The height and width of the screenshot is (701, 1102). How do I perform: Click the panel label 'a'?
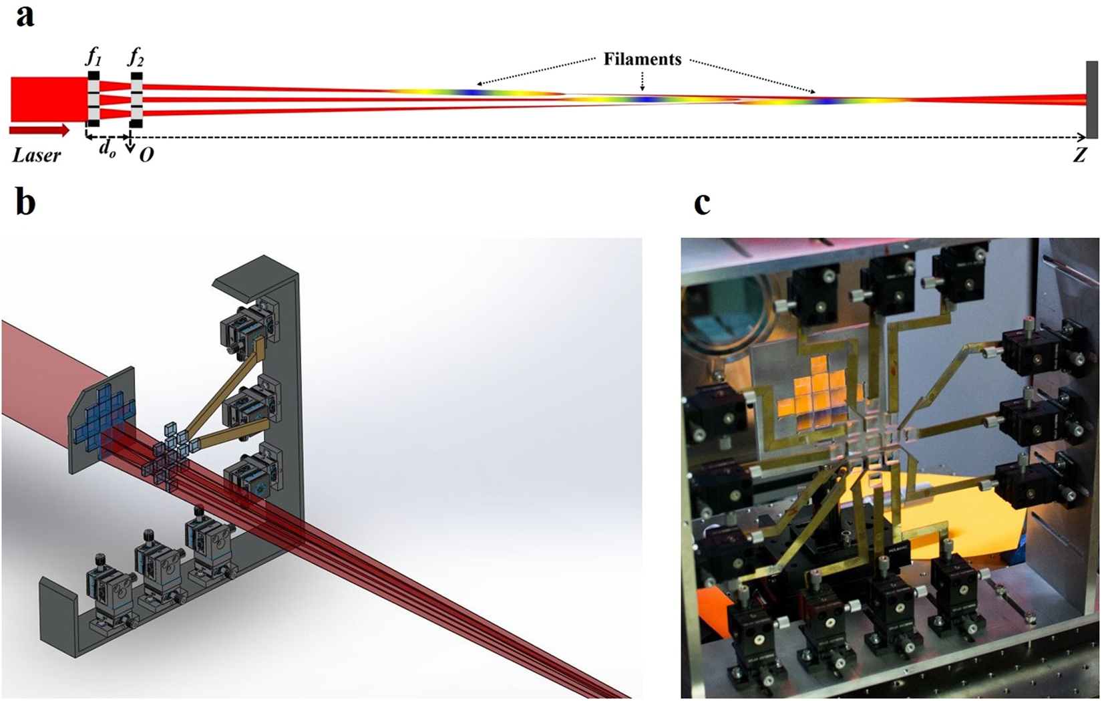coord(25,17)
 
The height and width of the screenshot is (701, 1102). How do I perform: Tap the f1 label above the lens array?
coord(94,57)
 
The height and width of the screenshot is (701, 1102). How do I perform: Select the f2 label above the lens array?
coord(136,58)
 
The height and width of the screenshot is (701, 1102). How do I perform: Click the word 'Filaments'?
coord(642,59)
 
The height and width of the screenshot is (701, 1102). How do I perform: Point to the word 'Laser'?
coord(37,156)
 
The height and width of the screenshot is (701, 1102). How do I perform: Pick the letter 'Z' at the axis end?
coord(1079,156)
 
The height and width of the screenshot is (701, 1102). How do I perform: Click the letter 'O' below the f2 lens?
coord(146,154)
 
